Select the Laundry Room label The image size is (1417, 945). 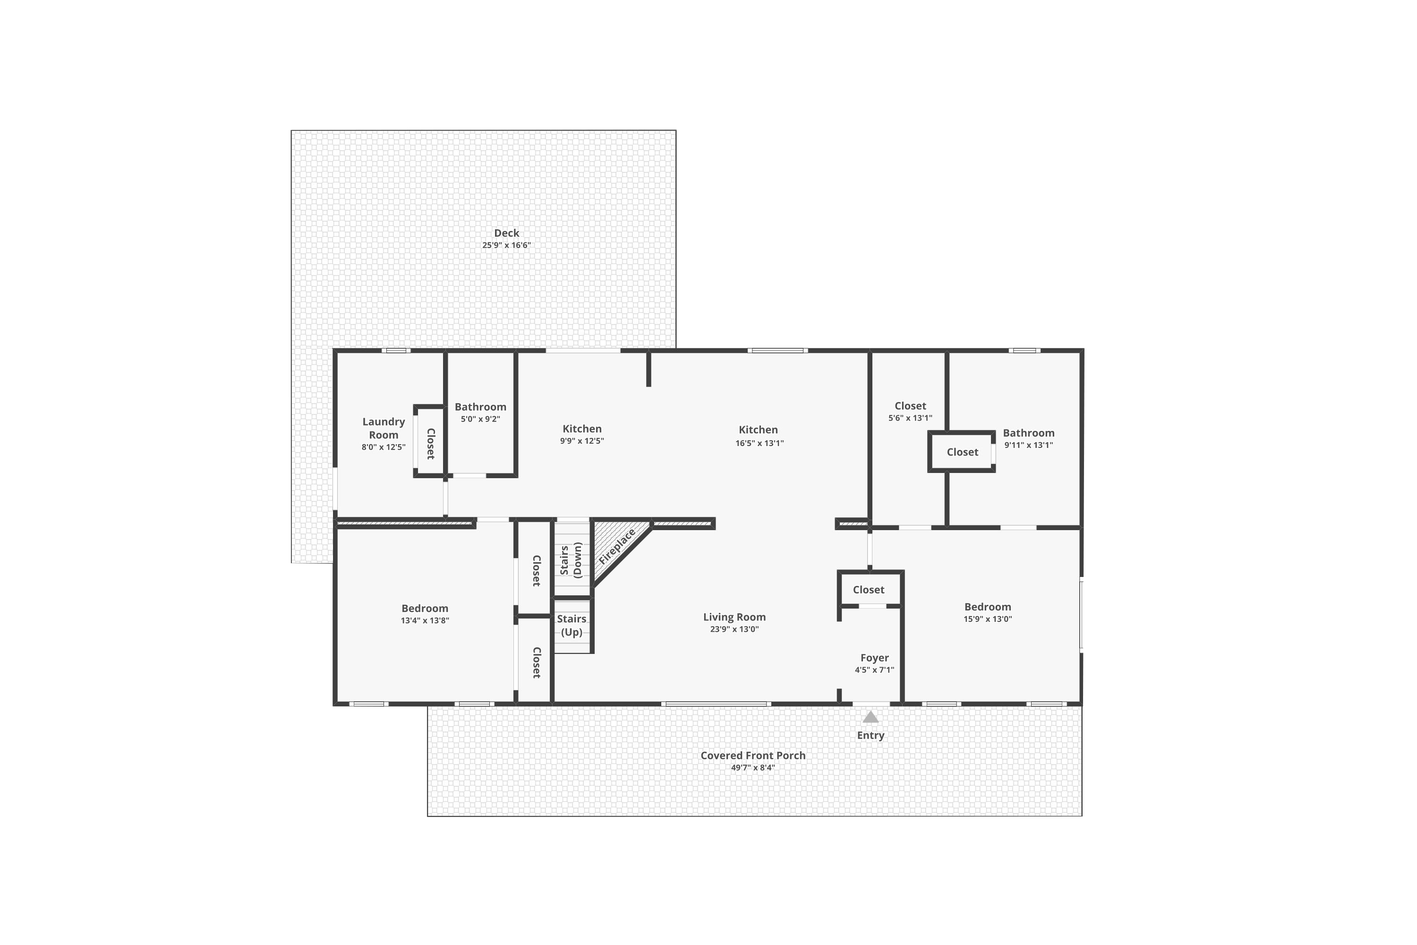383,429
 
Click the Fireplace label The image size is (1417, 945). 616,547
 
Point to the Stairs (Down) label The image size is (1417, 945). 571,560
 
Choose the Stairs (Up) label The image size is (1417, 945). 571,625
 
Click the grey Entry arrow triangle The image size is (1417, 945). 870,717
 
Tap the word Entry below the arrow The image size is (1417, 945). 870,735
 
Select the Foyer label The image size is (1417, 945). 874,658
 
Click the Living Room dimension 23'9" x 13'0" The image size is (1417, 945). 734,629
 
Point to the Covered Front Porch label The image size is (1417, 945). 752,756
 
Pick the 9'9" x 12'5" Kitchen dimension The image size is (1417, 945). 581,440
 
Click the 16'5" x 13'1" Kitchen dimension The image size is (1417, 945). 759,443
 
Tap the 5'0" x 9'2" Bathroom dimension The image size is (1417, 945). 480,419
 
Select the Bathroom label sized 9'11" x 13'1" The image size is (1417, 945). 1028,433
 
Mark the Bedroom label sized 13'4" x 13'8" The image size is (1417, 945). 425,609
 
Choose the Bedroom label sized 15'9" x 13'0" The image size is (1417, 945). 988,607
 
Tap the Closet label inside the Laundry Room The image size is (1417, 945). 431,444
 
